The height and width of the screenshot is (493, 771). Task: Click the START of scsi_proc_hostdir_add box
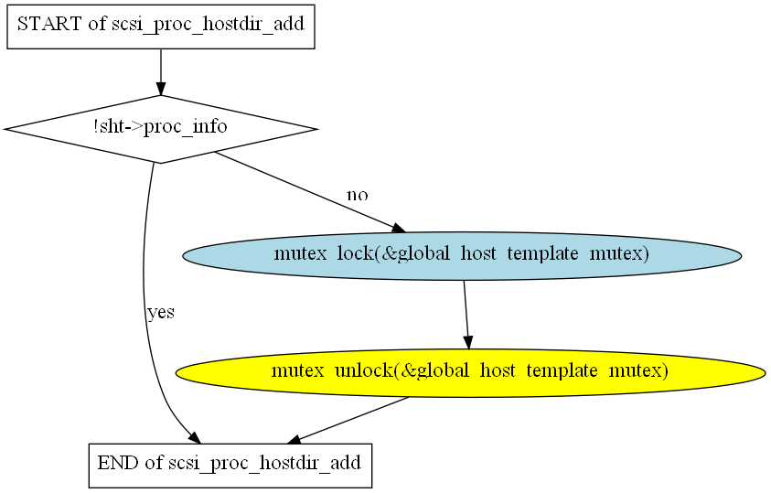(x=161, y=27)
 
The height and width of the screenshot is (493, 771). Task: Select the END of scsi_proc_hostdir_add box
(x=230, y=466)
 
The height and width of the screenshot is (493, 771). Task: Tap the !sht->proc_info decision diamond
(x=161, y=129)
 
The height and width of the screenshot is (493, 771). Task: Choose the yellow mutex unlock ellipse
(x=471, y=373)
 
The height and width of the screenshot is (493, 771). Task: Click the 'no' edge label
(x=358, y=195)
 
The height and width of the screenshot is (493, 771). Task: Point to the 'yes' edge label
(x=161, y=312)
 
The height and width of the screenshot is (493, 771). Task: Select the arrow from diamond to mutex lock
(x=311, y=192)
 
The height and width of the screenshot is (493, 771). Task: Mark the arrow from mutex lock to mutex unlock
(x=466, y=315)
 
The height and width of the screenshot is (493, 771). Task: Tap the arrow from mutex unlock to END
(x=348, y=420)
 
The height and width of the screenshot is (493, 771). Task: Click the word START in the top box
(x=49, y=24)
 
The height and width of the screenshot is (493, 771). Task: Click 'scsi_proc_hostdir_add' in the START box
(x=208, y=25)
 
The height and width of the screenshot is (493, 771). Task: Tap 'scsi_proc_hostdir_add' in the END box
(x=265, y=464)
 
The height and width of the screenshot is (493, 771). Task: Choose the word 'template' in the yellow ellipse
(x=562, y=371)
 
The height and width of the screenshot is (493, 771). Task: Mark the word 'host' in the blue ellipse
(x=478, y=253)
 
